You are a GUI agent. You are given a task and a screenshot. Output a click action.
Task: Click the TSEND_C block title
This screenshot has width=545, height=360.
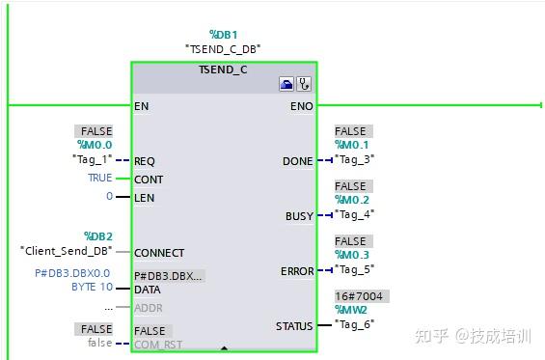coord(223,69)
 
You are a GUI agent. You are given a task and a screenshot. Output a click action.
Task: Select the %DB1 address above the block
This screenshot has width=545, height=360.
coord(223,34)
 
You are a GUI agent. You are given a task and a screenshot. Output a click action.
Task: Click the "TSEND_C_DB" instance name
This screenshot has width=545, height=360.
coord(223,48)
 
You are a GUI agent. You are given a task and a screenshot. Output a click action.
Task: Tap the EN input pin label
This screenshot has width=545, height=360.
coord(142,105)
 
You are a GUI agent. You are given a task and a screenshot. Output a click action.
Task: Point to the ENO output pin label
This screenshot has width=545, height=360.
coord(301,105)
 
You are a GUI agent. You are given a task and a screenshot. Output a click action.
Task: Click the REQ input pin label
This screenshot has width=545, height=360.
coord(145,161)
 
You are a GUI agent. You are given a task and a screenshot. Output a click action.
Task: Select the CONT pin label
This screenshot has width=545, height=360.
coord(148,180)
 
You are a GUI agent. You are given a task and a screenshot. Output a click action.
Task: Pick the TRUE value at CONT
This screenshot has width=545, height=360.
coord(99,179)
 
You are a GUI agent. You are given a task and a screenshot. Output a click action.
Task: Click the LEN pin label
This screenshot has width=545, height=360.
coord(144,198)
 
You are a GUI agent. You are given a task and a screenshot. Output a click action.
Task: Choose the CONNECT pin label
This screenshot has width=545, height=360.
coord(158,253)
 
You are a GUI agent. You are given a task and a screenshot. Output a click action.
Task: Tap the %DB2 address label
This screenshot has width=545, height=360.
coord(98,235)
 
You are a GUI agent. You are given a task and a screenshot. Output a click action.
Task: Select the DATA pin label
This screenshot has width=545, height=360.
coord(147,290)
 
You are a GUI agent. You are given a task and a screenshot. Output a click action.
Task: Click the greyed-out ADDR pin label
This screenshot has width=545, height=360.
coord(148,307)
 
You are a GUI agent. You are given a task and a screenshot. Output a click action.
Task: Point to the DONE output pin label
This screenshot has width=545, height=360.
coord(297,161)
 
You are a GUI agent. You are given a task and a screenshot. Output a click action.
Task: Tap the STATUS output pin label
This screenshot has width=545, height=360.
coord(294,326)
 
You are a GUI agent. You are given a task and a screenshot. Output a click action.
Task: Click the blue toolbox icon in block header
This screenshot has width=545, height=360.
coord(286,85)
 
